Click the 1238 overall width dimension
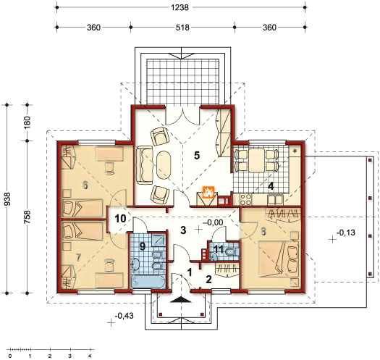(180, 7)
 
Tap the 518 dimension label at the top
(182, 28)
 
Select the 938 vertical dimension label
(7, 199)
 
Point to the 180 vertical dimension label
(28, 122)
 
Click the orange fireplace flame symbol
(208, 192)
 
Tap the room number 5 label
(197, 155)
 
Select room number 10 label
(120, 219)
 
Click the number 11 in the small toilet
(219, 249)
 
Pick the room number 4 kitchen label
(271, 186)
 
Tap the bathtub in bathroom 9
(148, 281)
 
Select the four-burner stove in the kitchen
(245, 200)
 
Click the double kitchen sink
(275, 200)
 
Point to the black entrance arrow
(181, 299)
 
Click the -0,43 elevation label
(124, 316)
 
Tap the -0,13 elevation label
(346, 233)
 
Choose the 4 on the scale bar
(90, 356)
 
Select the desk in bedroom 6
(109, 154)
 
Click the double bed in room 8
(279, 259)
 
